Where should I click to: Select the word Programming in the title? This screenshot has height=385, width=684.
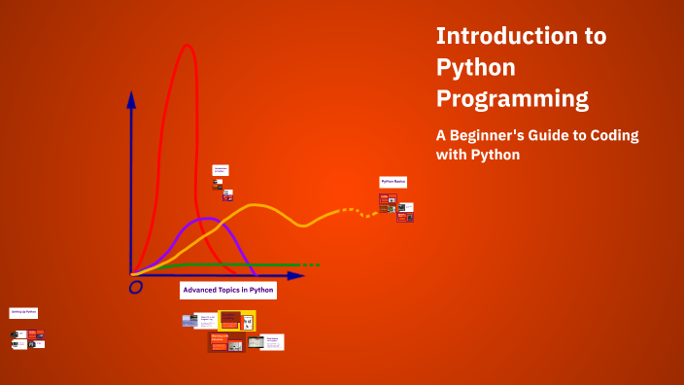coord(512,98)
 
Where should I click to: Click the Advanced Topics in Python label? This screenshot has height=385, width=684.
coord(228,290)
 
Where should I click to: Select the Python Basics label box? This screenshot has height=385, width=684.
coord(393,182)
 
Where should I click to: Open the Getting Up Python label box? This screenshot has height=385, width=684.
coord(23,313)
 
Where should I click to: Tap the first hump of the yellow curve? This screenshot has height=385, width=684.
coord(256,205)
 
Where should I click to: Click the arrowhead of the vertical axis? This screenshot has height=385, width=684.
coord(131,97)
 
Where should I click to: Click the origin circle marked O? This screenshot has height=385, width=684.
coord(136,287)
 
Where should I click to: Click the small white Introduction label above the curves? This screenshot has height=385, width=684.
coord(221,170)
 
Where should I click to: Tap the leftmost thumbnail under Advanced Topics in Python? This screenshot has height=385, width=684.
coord(189,321)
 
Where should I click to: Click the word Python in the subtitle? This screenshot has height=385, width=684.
coord(497,155)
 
